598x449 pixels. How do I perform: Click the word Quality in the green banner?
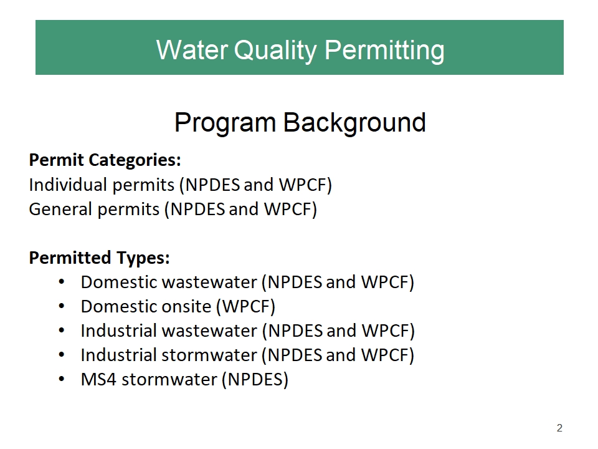[x=275, y=51]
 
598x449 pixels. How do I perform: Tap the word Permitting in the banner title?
[x=384, y=51]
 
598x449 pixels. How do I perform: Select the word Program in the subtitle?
[x=225, y=123]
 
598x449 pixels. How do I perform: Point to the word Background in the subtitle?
[x=354, y=122]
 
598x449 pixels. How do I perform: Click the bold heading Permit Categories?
[x=105, y=160]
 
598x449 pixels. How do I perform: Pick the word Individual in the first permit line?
[x=68, y=185]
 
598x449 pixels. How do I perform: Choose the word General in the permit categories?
[x=60, y=210]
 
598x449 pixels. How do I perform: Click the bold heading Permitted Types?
[x=99, y=258]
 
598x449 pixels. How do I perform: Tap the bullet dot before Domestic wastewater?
[x=62, y=282]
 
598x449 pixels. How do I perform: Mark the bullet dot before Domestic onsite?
[x=62, y=307]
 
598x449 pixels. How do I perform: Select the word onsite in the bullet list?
[x=187, y=307]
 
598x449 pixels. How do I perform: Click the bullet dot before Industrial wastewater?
[x=62, y=331]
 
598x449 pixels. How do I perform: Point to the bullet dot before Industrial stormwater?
[x=62, y=355]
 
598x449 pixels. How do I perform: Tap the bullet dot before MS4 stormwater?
[x=62, y=380]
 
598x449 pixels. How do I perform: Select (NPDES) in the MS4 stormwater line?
[x=255, y=380]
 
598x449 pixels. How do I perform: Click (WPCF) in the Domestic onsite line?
[x=246, y=307]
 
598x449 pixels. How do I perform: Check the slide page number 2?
[x=559, y=428]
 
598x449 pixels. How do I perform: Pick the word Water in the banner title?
[x=192, y=50]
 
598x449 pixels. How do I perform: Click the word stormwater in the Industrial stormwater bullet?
[x=209, y=355]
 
